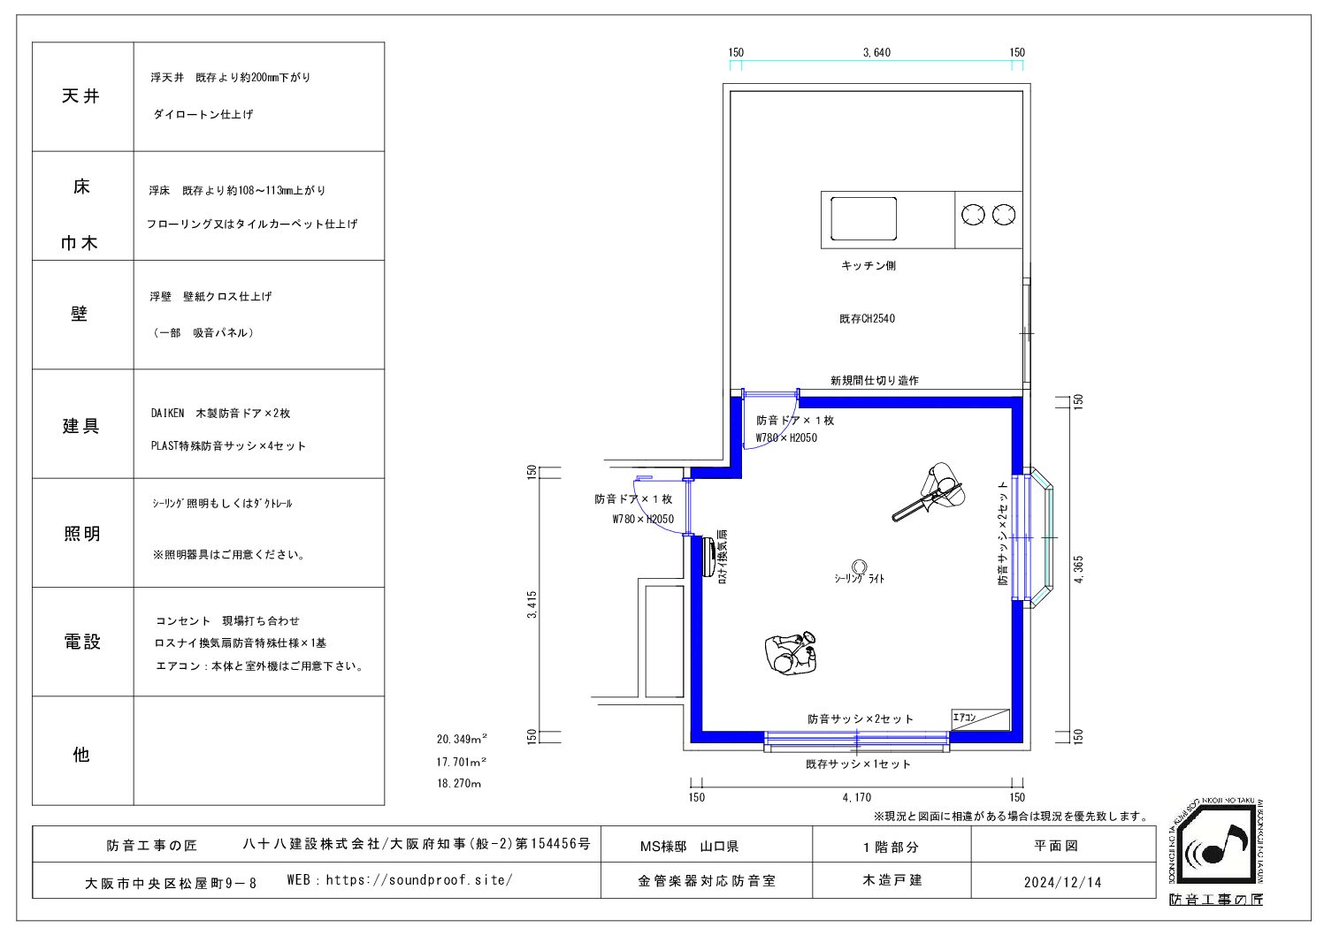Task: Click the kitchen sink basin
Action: (863, 218)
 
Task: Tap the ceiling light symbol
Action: (860, 566)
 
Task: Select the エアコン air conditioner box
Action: (980, 720)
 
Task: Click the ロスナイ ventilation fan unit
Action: (708, 557)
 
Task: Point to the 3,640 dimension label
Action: (876, 52)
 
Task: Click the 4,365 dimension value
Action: (1079, 569)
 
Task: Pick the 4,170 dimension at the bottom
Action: (856, 797)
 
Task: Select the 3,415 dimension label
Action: (532, 604)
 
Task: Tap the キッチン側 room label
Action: (869, 266)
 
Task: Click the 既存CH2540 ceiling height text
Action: (867, 319)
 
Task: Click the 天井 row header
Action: (81, 96)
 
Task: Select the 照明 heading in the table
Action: (81, 534)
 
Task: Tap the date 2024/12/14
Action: (1063, 883)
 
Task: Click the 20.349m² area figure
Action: (463, 739)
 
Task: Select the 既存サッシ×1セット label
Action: (858, 764)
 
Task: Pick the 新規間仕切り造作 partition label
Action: (875, 381)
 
